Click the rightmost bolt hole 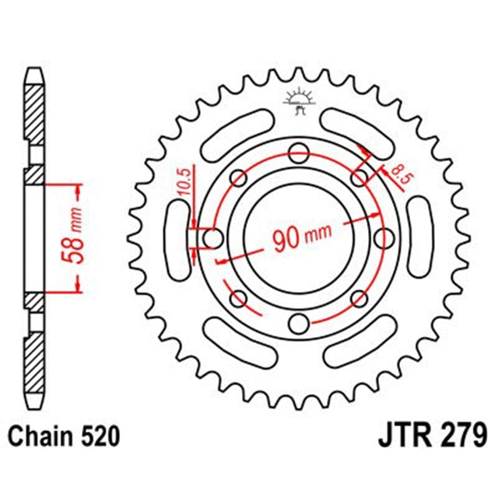[x=384, y=238]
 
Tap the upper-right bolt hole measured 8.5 [x=359, y=178]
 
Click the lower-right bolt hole [x=359, y=298]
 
